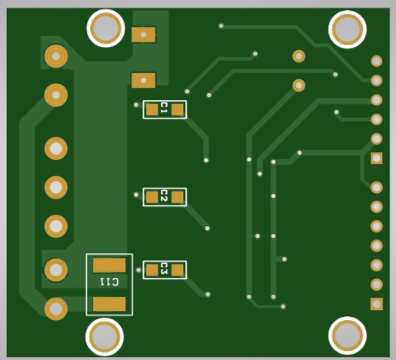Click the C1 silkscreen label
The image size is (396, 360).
tap(164, 108)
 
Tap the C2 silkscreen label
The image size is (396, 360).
tap(164, 195)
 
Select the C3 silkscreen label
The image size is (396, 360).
tap(164, 268)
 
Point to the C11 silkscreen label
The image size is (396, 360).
tap(109, 282)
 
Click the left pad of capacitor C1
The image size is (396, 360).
tap(152, 110)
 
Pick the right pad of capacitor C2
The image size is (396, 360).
tap(178, 198)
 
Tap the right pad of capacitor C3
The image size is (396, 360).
tap(178, 270)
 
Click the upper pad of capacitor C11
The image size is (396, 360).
tap(109, 265)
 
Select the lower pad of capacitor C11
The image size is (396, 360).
tap(109, 304)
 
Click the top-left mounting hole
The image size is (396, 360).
tap(105, 28)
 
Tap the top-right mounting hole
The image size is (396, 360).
tap(348, 29)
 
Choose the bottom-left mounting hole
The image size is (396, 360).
tap(105, 336)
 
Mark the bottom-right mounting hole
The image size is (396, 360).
tap(348, 335)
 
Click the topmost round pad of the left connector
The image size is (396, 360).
tap(56, 56)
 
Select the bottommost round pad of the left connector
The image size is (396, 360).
tap(56, 308)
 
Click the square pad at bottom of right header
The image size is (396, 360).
tap(377, 304)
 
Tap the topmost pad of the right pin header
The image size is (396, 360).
tap(377, 61)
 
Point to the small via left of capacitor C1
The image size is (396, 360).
tap(136, 105)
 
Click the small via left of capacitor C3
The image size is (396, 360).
tap(138, 270)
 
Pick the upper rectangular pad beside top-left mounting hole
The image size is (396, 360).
tap(144, 35)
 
